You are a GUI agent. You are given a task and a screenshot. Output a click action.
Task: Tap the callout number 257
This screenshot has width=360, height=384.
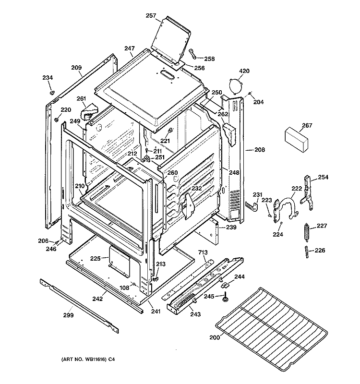click(151, 16)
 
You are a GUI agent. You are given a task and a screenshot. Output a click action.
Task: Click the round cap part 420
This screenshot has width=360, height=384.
click(234, 86)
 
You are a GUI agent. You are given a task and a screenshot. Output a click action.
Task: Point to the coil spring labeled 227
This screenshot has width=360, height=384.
click(305, 232)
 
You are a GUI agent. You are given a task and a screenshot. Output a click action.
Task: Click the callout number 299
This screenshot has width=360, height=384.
click(70, 315)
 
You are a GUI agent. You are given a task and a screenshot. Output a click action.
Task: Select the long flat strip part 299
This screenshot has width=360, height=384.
click(79, 306)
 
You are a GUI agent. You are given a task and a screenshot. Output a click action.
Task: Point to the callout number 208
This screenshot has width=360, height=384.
click(259, 150)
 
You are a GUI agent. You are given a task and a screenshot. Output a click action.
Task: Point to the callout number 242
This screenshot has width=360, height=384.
click(97, 299)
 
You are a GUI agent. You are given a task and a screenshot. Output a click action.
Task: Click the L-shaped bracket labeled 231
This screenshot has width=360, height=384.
click(251, 205)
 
